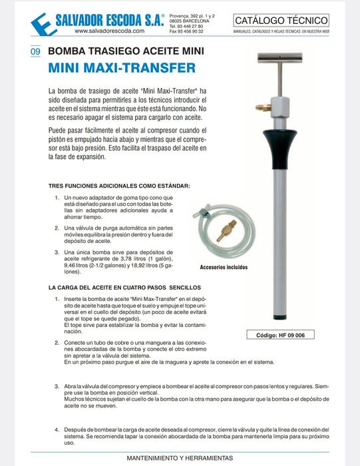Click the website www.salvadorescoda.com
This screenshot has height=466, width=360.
pos(109,31)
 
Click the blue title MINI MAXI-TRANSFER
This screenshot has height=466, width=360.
pos(122,68)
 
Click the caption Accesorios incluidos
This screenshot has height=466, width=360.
pos(224,268)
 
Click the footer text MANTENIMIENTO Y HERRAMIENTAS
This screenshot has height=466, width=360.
pos(180,459)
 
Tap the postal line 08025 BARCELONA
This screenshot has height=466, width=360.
pos(190,21)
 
